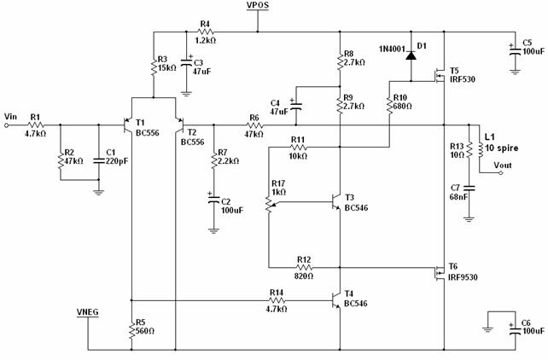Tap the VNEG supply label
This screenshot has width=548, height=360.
(88, 312)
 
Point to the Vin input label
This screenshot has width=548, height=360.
(10, 116)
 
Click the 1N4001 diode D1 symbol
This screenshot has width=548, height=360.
(411, 55)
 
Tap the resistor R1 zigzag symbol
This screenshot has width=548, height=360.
(36, 125)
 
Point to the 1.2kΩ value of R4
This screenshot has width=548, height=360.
(205, 40)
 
